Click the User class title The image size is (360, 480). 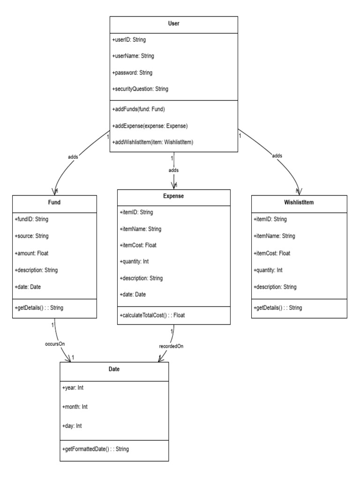[x=173, y=23]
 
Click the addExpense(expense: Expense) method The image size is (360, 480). [x=150, y=126]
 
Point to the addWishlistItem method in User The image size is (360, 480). [x=153, y=142]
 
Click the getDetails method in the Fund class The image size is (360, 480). [x=39, y=307]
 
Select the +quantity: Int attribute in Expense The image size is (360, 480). [x=136, y=261]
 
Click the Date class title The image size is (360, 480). [x=113, y=369]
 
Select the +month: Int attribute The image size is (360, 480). [x=75, y=406]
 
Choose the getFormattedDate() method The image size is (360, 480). [x=95, y=449]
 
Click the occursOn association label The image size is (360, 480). [x=55, y=344]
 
